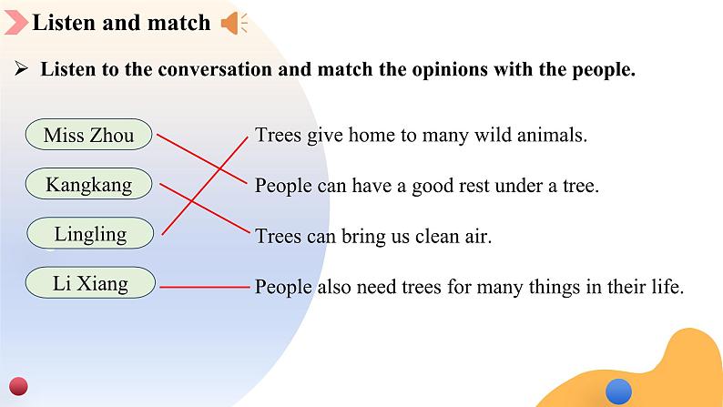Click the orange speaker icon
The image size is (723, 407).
pos(234,23)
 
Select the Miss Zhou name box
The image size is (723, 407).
pos(88,135)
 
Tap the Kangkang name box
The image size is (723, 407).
pos(88,184)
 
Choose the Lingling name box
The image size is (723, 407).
pos(90,233)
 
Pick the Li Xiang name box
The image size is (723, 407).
pos(90,282)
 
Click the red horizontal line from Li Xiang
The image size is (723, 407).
pos(205,287)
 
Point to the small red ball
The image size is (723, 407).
pos(18,386)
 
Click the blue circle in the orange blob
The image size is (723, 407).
pos(618,392)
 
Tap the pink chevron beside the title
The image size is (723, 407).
pos(16,23)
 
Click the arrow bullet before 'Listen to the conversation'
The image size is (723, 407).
pos(21,68)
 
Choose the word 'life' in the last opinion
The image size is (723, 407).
pos(667,287)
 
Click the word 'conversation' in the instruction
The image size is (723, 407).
pos(214,69)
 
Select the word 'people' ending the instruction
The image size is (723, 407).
pos(604,70)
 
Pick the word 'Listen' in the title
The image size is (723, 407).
pos(64,23)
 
